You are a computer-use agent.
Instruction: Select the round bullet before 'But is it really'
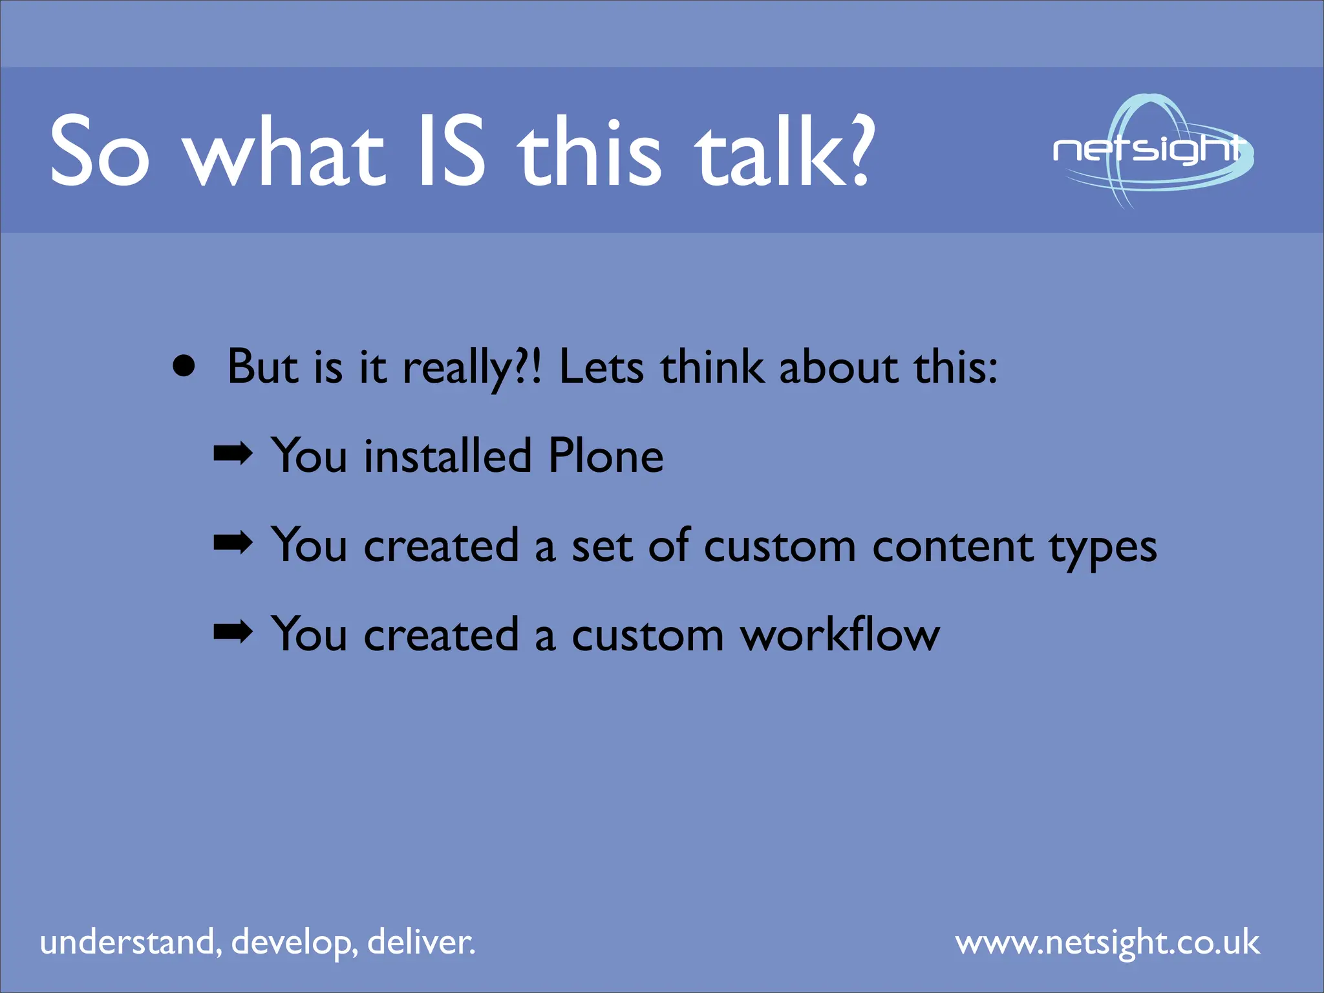(x=184, y=367)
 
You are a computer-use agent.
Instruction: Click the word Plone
(x=605, y=456)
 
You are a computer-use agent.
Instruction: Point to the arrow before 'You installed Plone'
(x=233, y=454)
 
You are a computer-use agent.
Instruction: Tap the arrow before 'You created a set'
(x=233, y=544)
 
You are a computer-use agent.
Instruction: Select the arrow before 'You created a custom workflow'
(x=233, y=633)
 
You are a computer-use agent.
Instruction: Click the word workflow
(x=840, y=635)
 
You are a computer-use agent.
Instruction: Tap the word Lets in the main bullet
(x=601, y=367)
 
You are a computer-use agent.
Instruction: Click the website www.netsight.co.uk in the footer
(x=1107, y=943)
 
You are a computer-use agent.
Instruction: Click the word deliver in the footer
(x=420, y=942)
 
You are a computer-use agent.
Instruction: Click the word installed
(x=447, y=456)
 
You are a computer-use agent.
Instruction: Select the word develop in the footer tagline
(x=294, y=943)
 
